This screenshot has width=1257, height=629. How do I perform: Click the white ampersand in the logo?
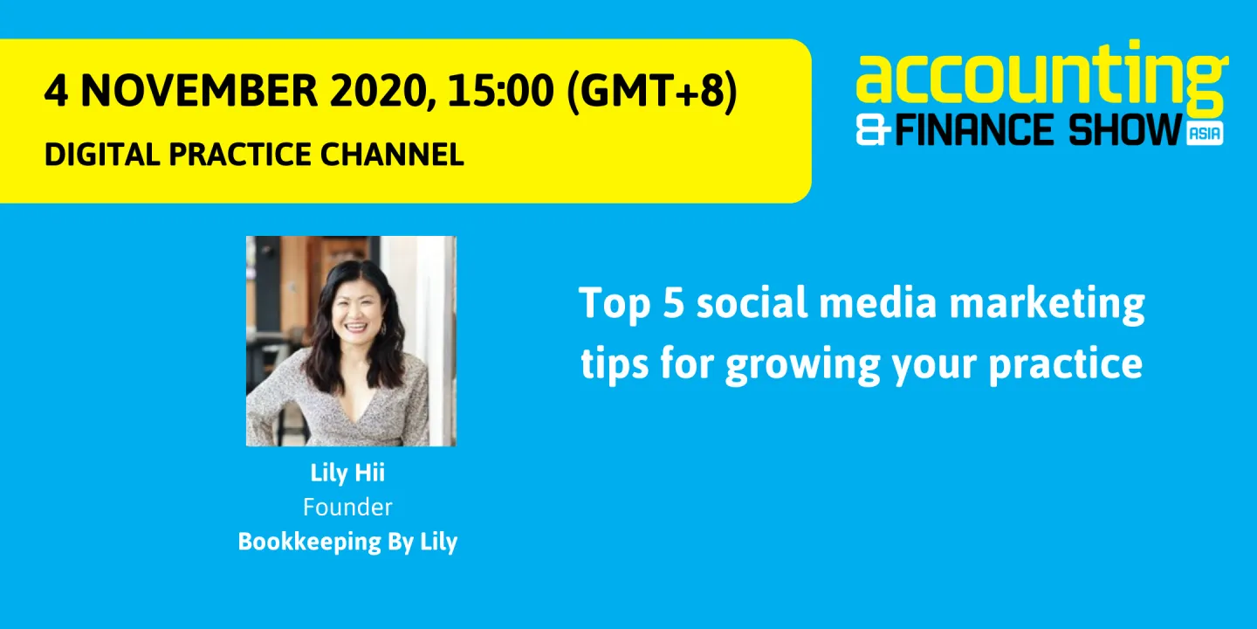tap(874, 131)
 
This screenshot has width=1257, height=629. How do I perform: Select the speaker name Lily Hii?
tap(347, 473)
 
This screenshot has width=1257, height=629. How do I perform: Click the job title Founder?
tap(347, 507)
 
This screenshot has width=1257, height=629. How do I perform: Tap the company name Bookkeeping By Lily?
tap(347, 542)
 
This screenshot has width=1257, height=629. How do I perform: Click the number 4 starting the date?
tap(57, 92)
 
